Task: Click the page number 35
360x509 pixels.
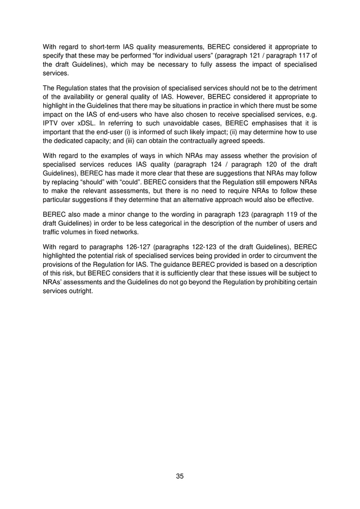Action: [179, 476]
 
